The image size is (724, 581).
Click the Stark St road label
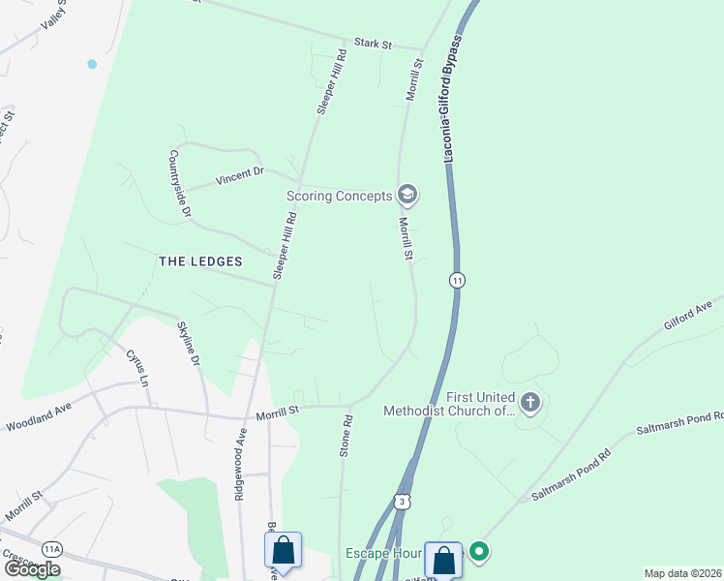coord(373,44)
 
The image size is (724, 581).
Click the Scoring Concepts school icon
coord(407,196)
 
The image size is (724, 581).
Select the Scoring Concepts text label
coord(339,196)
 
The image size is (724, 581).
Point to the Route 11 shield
coord(457,280)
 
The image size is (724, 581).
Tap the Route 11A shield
coord(52,548)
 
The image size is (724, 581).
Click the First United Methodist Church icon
coord(529,402)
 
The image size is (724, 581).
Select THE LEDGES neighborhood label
coord(199,261)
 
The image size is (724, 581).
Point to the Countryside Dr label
coord(181,182)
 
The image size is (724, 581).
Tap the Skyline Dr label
coord(188,343)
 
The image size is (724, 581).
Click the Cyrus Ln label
coord(137,367)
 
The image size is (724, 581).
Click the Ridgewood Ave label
coord(239,466)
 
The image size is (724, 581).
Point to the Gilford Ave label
coord(687,316)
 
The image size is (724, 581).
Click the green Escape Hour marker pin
coord(477,552)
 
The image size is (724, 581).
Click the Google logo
coord(32,568)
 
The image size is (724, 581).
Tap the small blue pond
coord(92,64)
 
